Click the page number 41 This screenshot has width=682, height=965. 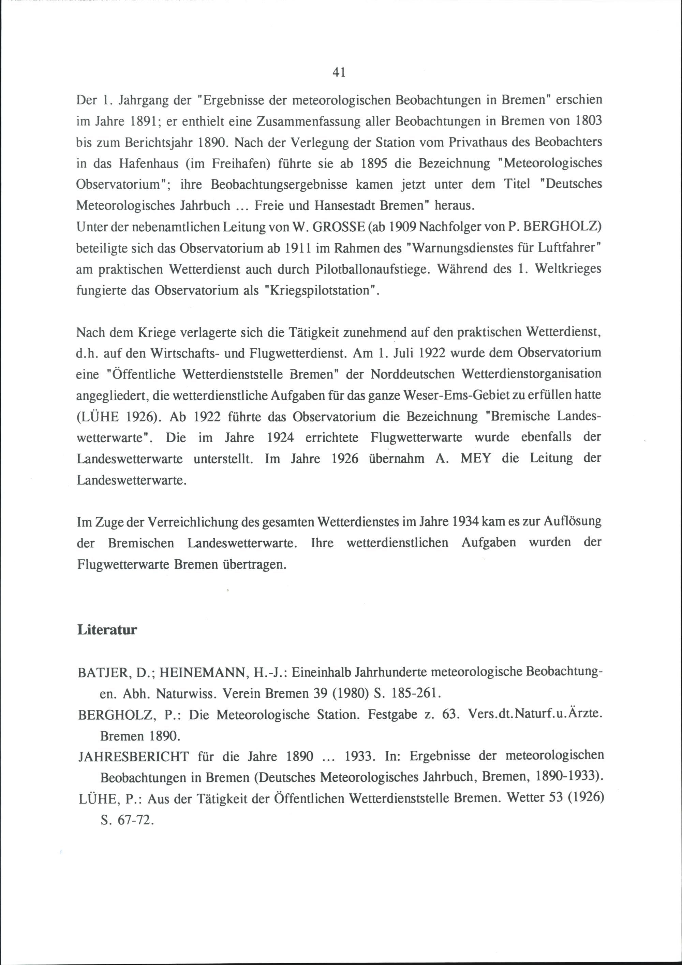tap(339, 73)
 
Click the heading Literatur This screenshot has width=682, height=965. tap(107, 630)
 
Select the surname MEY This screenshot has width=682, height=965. tap(475, 458)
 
